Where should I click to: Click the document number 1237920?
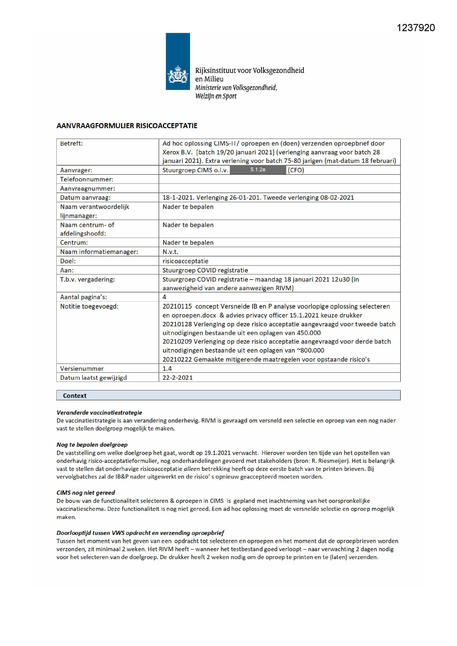416,28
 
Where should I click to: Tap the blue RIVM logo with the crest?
178,62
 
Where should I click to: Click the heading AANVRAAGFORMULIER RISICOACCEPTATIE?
127,126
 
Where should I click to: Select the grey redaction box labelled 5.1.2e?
258,170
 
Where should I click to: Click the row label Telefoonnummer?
87,179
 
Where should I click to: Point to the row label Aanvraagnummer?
88,189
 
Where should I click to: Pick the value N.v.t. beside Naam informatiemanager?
170,252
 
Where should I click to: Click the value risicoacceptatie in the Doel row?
185,261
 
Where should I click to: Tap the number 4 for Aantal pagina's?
164,297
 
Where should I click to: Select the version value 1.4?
167,368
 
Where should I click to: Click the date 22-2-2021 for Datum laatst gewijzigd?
177,378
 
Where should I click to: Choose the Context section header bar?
228,396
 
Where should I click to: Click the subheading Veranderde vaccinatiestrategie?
99,412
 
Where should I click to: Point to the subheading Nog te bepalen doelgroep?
92,445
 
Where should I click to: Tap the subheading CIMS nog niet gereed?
85,492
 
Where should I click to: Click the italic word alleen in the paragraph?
191,469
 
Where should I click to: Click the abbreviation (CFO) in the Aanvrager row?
296,170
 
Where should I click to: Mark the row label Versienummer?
82,368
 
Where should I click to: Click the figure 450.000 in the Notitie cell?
309,333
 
